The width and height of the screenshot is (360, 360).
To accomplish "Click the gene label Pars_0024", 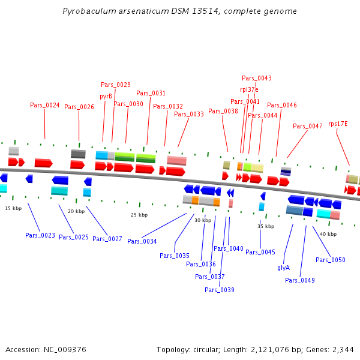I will pos(45,105).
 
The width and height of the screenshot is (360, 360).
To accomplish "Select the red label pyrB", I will pos(106,95).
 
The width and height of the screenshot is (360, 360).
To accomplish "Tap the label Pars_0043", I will pos(256,78).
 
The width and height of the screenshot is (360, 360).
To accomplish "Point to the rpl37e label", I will pos(249,89).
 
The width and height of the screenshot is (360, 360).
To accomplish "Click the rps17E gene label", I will pos(338,124).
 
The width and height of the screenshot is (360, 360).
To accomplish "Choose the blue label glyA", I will pos(284,268).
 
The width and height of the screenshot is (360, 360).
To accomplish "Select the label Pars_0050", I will pos(331,260).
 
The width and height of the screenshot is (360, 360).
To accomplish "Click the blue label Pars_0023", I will pos(40,235).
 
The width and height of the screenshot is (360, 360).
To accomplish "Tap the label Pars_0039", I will pos(220,290).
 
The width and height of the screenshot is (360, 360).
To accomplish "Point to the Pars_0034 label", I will pos(142,241).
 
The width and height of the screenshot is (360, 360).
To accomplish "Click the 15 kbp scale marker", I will pos(13,208).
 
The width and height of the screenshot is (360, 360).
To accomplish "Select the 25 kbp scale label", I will pos(139,215).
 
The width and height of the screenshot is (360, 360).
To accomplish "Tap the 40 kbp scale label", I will pos(328,234).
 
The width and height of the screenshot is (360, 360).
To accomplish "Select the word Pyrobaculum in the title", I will pos(88,11).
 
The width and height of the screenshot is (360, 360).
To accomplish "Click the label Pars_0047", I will pos(308,126).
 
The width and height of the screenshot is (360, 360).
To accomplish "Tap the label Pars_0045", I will pos(260,252).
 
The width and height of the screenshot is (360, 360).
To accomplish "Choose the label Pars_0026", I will pos(79,107).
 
